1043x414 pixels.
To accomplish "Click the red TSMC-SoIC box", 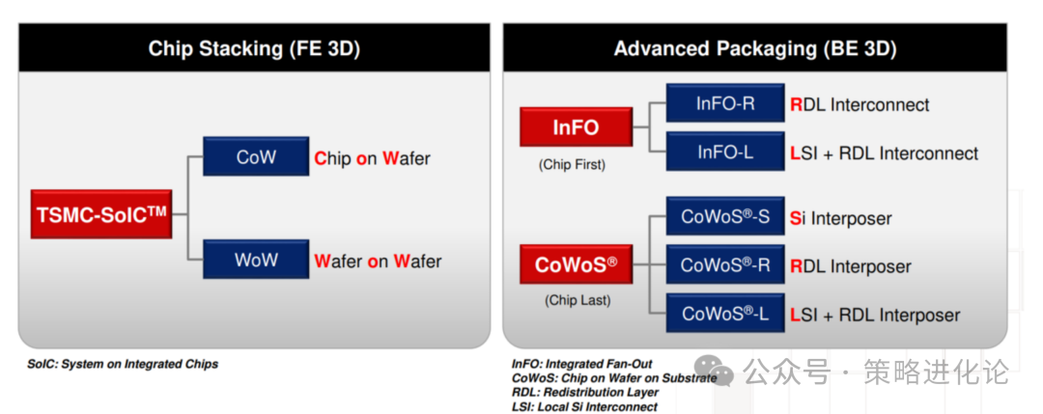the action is pos(101,214).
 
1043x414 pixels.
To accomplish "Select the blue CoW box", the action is pos(256,157).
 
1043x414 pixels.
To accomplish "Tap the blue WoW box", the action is pos(256,260).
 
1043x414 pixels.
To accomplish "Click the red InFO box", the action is pos(576,127).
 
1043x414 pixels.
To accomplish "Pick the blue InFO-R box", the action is pos(725,103).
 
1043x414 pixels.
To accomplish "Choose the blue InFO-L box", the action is pos(725,152).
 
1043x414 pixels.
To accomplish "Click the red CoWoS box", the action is pos(576,264).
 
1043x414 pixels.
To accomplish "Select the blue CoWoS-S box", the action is pos(725,216).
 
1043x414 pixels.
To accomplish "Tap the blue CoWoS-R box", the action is pos(725,265).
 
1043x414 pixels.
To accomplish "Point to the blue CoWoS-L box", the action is pos(725,313).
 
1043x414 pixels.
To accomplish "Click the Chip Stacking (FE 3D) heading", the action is pos(254,48).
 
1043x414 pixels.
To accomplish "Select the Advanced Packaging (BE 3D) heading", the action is pos(755,48).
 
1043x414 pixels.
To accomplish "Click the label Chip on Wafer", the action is pos(373,159).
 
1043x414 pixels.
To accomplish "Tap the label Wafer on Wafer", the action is pos(378,262).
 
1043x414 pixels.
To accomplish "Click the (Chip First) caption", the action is pos(572,165).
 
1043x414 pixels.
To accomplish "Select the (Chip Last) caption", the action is pos(577,300).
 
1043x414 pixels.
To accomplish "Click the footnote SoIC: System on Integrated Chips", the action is pos(123,364).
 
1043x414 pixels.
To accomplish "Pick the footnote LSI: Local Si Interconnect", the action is pos(584,406).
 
